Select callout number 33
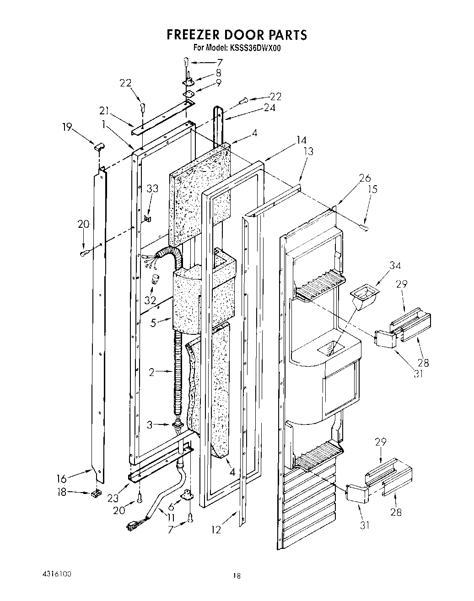(x=152, y=188)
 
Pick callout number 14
(x=301, y=140)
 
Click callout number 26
(x=365, y=178)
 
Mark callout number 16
(x=62, y=478)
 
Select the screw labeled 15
(x=365, y=226)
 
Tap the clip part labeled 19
(x=99, y=146)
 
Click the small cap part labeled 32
(x=156, y=279)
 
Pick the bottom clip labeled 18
(x=95, y=493)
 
